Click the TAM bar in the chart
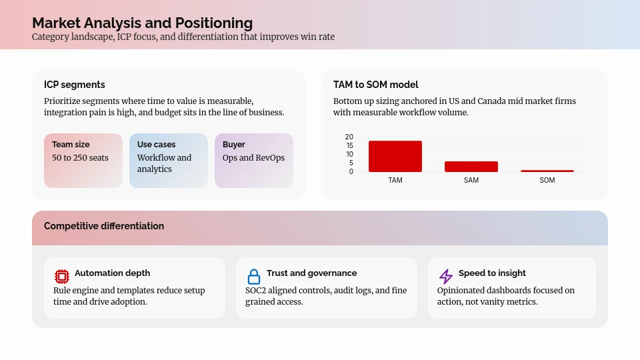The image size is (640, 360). pos(395,157)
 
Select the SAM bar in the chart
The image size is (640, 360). pos(471,167)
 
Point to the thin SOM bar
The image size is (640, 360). pos(547,171)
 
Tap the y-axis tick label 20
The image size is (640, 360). pos(349,137)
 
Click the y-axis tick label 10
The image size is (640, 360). pos(349,154)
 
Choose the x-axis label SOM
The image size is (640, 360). pos(547,180)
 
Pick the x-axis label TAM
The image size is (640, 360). pos(395,180)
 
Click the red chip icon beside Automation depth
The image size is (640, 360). pos(62,276)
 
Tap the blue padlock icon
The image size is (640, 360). pos(254,276)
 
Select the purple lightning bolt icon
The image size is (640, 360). pos(446,276)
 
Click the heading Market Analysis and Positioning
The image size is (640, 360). pos(142,23)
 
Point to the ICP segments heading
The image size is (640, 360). pos(75,85)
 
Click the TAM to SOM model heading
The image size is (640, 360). pos(376,85)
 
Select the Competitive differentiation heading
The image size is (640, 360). pos(104,226)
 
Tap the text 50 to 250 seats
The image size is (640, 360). pos(80,158)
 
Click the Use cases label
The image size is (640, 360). pos(157,145)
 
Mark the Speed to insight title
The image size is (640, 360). pos(492,273)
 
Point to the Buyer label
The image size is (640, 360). pos(234,145)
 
